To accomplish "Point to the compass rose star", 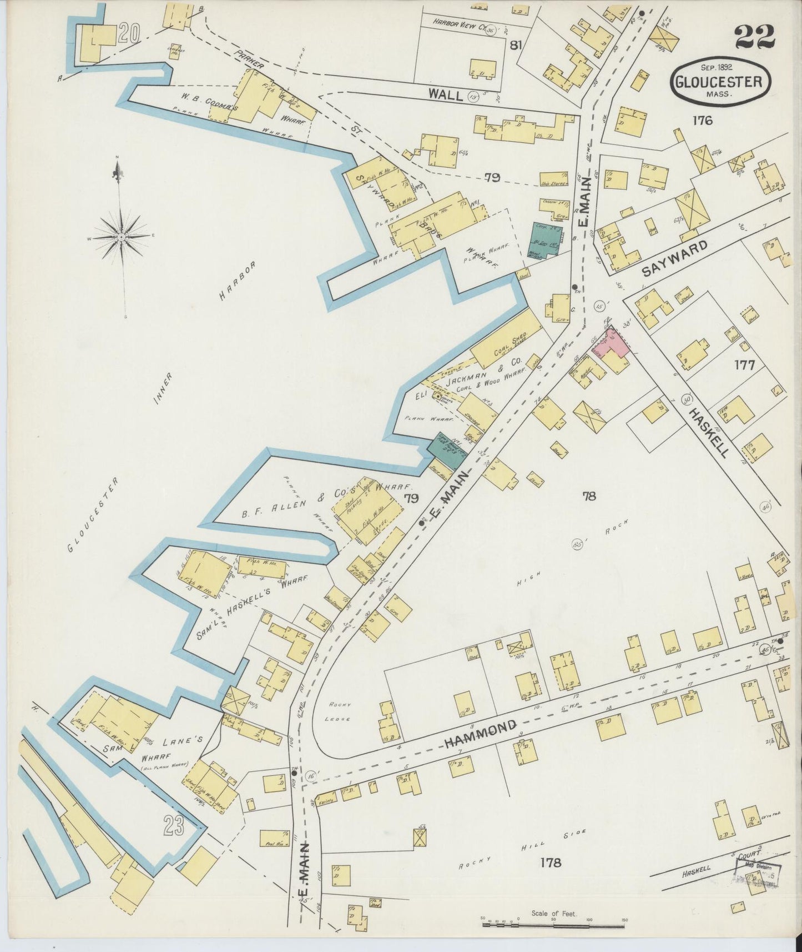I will point(120,237).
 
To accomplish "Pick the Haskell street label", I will point(708,433).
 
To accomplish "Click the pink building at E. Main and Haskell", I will point(617,343).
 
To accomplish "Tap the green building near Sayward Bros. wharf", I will point(544,239).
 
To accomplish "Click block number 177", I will point(744,365).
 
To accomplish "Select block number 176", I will point(702,120).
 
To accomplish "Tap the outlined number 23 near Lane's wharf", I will point(173,828).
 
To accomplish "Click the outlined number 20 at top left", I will point(128,34).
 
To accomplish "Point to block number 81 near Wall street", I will point(516,46).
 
